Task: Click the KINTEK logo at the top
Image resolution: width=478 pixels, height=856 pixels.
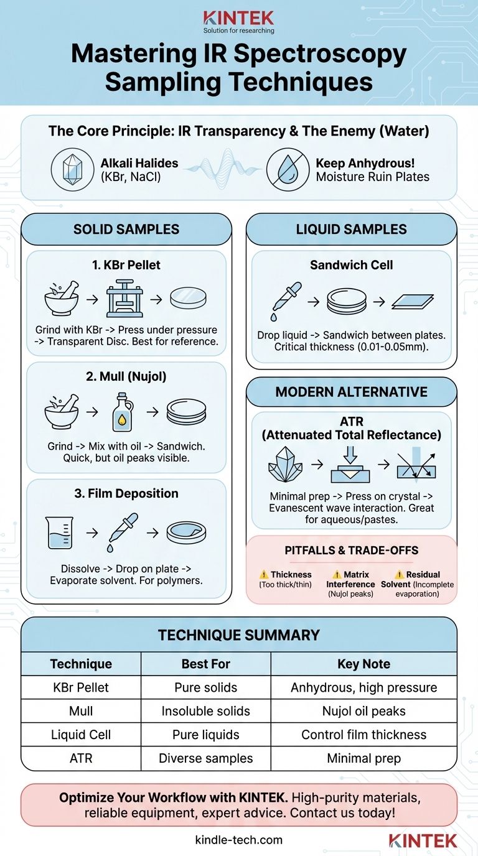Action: pos(238,22)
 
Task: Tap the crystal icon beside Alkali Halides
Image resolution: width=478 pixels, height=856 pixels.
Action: pos(73,170)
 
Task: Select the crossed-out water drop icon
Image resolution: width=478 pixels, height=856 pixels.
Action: pos(288,170)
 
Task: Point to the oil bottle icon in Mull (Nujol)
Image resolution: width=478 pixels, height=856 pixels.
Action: pos(123,412)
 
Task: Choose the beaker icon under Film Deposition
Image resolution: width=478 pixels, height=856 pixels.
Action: pos(59,533)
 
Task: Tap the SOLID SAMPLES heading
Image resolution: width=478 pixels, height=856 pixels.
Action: pos(126,230)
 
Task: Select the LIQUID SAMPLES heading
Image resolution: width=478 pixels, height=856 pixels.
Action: pos(352,230)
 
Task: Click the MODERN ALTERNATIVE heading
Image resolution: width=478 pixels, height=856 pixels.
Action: pos(352,392)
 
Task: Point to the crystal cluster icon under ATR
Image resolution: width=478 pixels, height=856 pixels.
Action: pos(285,464)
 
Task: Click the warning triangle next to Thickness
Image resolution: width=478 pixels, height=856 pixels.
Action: pos(264,574)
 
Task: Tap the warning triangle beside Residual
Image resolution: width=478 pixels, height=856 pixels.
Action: pos(399,574)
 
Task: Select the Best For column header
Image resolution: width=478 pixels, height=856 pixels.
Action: pos(206,664)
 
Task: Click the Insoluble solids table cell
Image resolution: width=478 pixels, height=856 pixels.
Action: pos(206,711)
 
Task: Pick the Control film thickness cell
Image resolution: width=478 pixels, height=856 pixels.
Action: pos(363,735)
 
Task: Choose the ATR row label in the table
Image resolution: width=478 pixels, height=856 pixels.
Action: pos(81,758)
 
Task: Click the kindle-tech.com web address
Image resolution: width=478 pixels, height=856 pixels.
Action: pos(238,840)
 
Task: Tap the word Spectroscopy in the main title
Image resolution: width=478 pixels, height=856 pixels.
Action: pos(320,54)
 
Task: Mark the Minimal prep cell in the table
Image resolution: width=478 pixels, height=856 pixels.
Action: pos(363,758)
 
